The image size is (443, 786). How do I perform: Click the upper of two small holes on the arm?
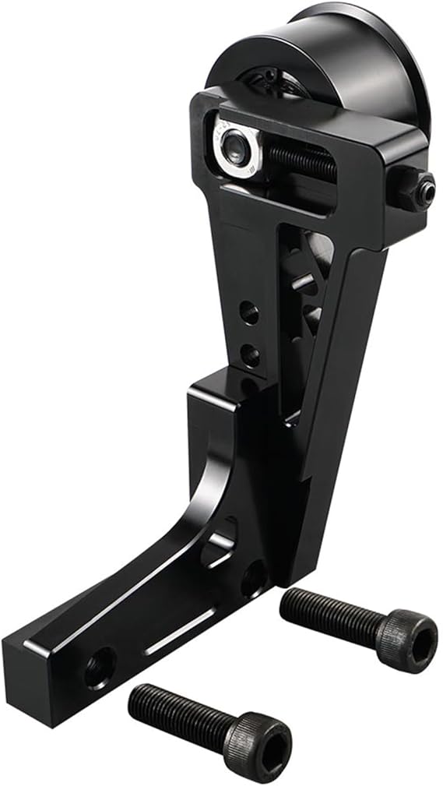248,313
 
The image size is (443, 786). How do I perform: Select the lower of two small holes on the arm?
250,356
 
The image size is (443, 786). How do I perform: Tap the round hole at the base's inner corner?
253,580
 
